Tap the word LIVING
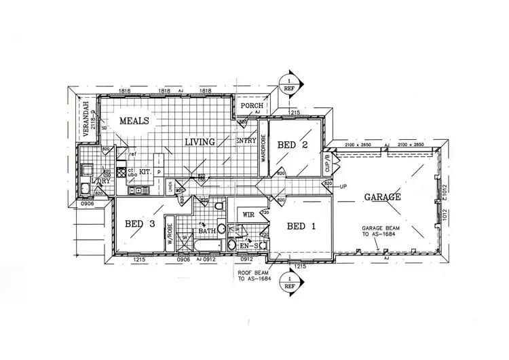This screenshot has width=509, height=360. pos(201,142)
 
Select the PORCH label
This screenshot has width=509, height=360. pos(252,107)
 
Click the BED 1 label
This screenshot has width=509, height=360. pos(303,226)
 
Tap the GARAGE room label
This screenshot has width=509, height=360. pos(381,197)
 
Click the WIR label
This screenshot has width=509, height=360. pos(248,215)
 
